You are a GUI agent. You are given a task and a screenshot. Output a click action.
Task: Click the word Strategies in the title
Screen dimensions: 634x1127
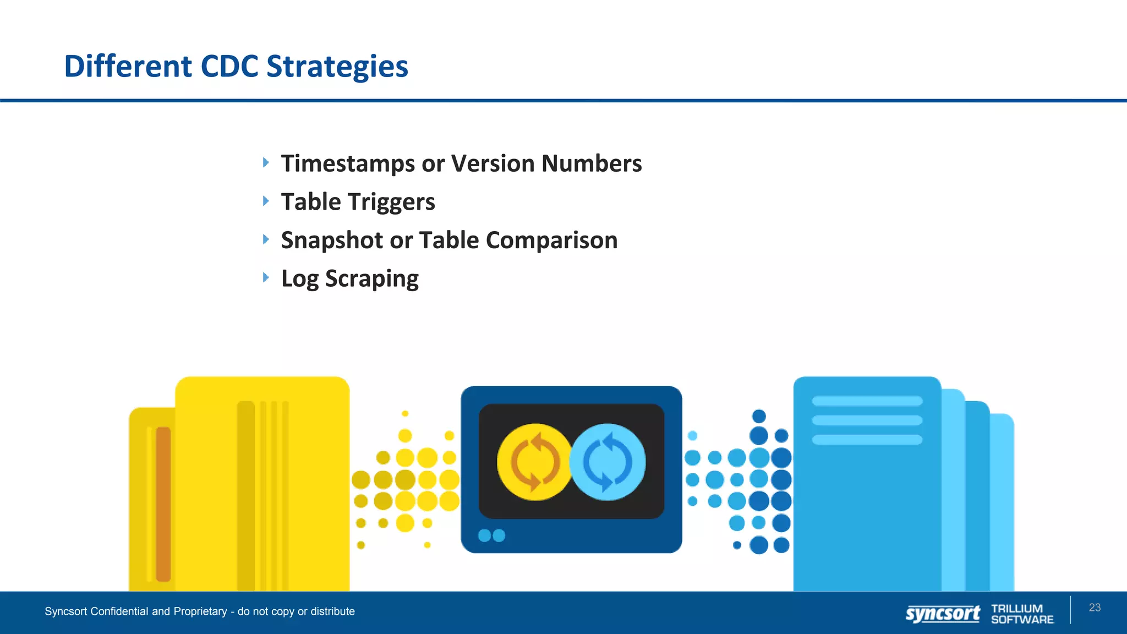pos(337,67)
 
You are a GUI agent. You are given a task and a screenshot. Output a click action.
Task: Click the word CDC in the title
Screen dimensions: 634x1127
pos(229,66)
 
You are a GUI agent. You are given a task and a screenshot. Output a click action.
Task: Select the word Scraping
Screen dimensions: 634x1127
pos(371,279)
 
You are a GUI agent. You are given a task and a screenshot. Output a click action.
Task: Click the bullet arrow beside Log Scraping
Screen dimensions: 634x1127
pos(266,277)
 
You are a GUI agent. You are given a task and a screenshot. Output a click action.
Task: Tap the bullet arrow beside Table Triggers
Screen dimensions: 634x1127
pos(266,201)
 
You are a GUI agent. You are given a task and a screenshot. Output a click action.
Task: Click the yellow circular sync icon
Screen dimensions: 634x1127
pos(534,462)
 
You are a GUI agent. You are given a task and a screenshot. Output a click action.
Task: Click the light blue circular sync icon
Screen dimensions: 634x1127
pos(608,462)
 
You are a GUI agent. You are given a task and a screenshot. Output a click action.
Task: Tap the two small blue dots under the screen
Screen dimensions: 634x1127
pos(491,535)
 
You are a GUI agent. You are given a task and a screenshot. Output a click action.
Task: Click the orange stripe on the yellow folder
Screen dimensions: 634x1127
pos(163,504)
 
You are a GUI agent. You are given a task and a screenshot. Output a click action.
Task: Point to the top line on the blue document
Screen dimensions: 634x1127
pos(867,401)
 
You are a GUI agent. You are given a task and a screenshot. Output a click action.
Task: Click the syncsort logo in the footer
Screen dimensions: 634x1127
pos(943,613)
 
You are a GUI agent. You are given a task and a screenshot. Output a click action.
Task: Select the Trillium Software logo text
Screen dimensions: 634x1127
pos(1022,614)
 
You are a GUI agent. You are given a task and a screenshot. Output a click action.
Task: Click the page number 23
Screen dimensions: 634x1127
pos(1095,608)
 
